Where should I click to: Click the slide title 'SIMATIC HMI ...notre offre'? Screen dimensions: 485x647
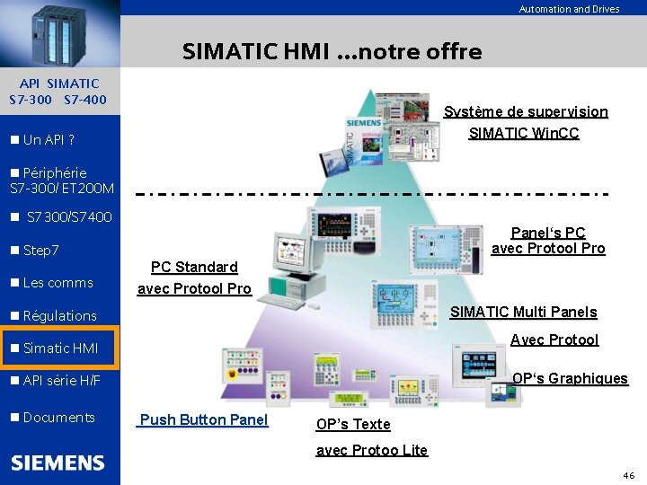(332, 52)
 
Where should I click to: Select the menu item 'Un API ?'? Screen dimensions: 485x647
(49, 140)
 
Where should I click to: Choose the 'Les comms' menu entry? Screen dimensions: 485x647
(58, 283)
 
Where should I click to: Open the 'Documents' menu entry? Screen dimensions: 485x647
(58, 417)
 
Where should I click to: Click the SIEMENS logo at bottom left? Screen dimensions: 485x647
(58, 463)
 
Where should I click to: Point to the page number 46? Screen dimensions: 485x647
(628, 473)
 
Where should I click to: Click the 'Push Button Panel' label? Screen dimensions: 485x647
(204, 419)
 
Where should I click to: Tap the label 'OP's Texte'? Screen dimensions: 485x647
(353, 424)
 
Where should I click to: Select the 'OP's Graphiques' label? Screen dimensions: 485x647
(570, 379)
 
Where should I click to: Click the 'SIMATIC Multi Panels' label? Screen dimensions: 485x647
(523, 313)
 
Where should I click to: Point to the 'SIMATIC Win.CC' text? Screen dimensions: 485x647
(524, 134)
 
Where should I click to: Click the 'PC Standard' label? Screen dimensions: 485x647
(194, 267)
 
